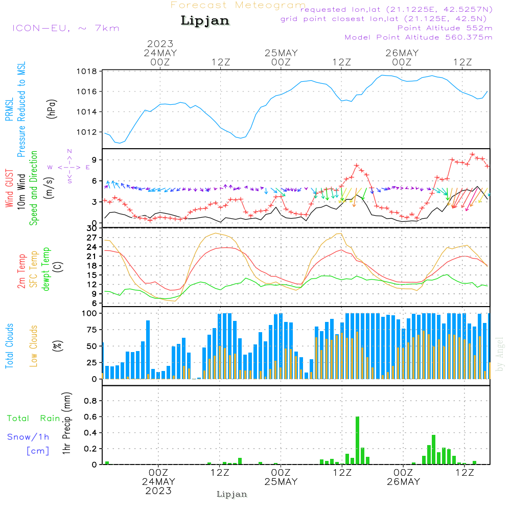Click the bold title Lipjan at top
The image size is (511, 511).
click(x=205, y=21)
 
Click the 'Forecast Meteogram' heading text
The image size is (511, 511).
click(x=238, y=5)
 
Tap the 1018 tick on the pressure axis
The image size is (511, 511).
click(x=87, y=72)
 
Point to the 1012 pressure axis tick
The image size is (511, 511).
click(x=87, y=132)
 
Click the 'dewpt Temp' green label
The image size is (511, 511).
click(x=47, y=269)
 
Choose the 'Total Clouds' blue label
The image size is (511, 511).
click(x=9, y=346)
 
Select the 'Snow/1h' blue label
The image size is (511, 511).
click(x=28, y=437)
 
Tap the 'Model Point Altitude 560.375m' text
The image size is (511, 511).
click(x=419, y=37)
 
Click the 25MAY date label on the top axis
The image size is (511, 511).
click(x=281, y=53)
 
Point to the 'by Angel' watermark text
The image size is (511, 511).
click(x=500, y=354)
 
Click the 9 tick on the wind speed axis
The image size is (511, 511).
click(x=95, y=160)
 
